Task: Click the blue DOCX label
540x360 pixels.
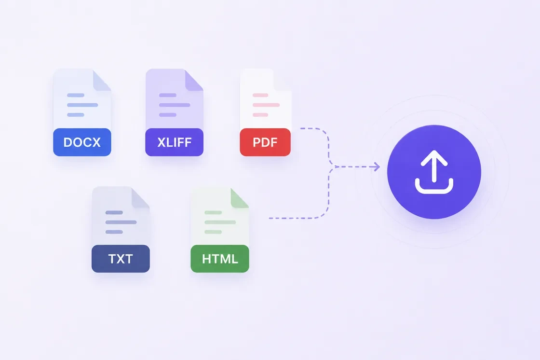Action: pyautogui.click(x=82, y=142)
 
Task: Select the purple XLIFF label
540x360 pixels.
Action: pyautogui.click(x=174, y=142)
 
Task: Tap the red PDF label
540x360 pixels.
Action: pyautogui.click(x=265, y=142)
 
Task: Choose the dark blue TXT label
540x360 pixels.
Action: pyautogui.click(x=121, y=259)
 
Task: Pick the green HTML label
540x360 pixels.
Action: pyautogui.click(x=220, y=259)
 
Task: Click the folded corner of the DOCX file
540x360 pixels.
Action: pyautogui.click(x=101, y=82)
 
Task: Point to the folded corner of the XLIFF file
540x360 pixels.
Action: pyautogui.click(x=193, y=82)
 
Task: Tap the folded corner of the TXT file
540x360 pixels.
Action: pyautogui.click(x=139, y=199)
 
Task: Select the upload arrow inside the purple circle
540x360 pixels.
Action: pyautogui.click(x=434, y=166)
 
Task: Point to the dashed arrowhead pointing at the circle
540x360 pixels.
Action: pyautogui.click(x=377, y=167)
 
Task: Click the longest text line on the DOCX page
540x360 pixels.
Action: pyautogui.click(x=82, y=105)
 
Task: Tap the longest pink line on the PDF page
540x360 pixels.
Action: pyautogui.click(x=266, y=105)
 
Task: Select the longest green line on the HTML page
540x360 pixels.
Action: pyautogui.click(x=220, y=222)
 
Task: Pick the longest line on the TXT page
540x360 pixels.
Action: pyautogui.click(x=121, y=222)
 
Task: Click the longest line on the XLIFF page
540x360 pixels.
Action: pyautogui.click(x=175, y=105)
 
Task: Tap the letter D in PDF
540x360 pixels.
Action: pyautogui.click(x=265, y=142)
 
